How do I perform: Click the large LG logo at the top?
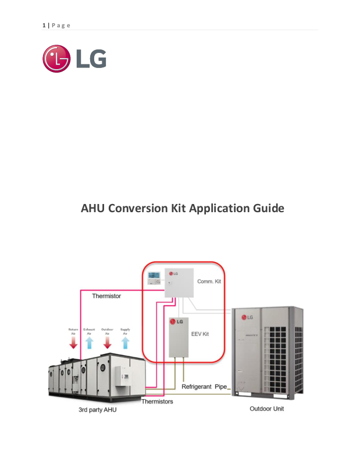(74, 59)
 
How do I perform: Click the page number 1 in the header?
(44, 25)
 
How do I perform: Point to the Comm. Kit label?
(208, 281)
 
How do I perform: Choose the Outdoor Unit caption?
(267, 409)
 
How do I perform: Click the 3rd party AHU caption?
(99, 410)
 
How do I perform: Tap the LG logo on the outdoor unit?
(247, 317)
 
